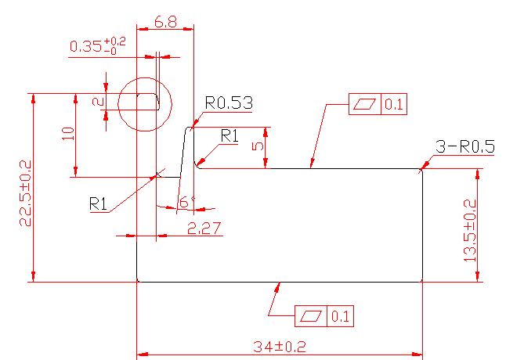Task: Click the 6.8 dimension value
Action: click(166, 22)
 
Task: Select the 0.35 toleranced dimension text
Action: click(98, 45)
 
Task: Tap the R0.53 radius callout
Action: click(230, 103)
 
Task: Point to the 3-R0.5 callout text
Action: click(465, 146)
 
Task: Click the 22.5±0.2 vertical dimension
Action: click(26, 193)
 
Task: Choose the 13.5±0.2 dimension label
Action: click(469, 230)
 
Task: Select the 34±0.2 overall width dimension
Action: click(279, 347)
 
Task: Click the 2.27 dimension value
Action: click(204, 229)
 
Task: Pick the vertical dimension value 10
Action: click(68, 133)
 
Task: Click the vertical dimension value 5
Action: click(258, 146)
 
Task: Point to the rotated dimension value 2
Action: click(98, 102)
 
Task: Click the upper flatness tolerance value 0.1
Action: click(394, 104)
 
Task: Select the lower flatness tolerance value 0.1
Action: click(340, 316)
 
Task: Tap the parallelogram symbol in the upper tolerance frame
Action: click(365, 104)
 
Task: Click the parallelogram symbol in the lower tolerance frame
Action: click(311, 316)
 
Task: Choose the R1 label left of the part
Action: click(98, 203)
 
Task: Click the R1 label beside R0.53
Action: click(230, 136)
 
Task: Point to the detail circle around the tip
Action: click(145, 104)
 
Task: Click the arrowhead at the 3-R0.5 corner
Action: click(425, 164)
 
